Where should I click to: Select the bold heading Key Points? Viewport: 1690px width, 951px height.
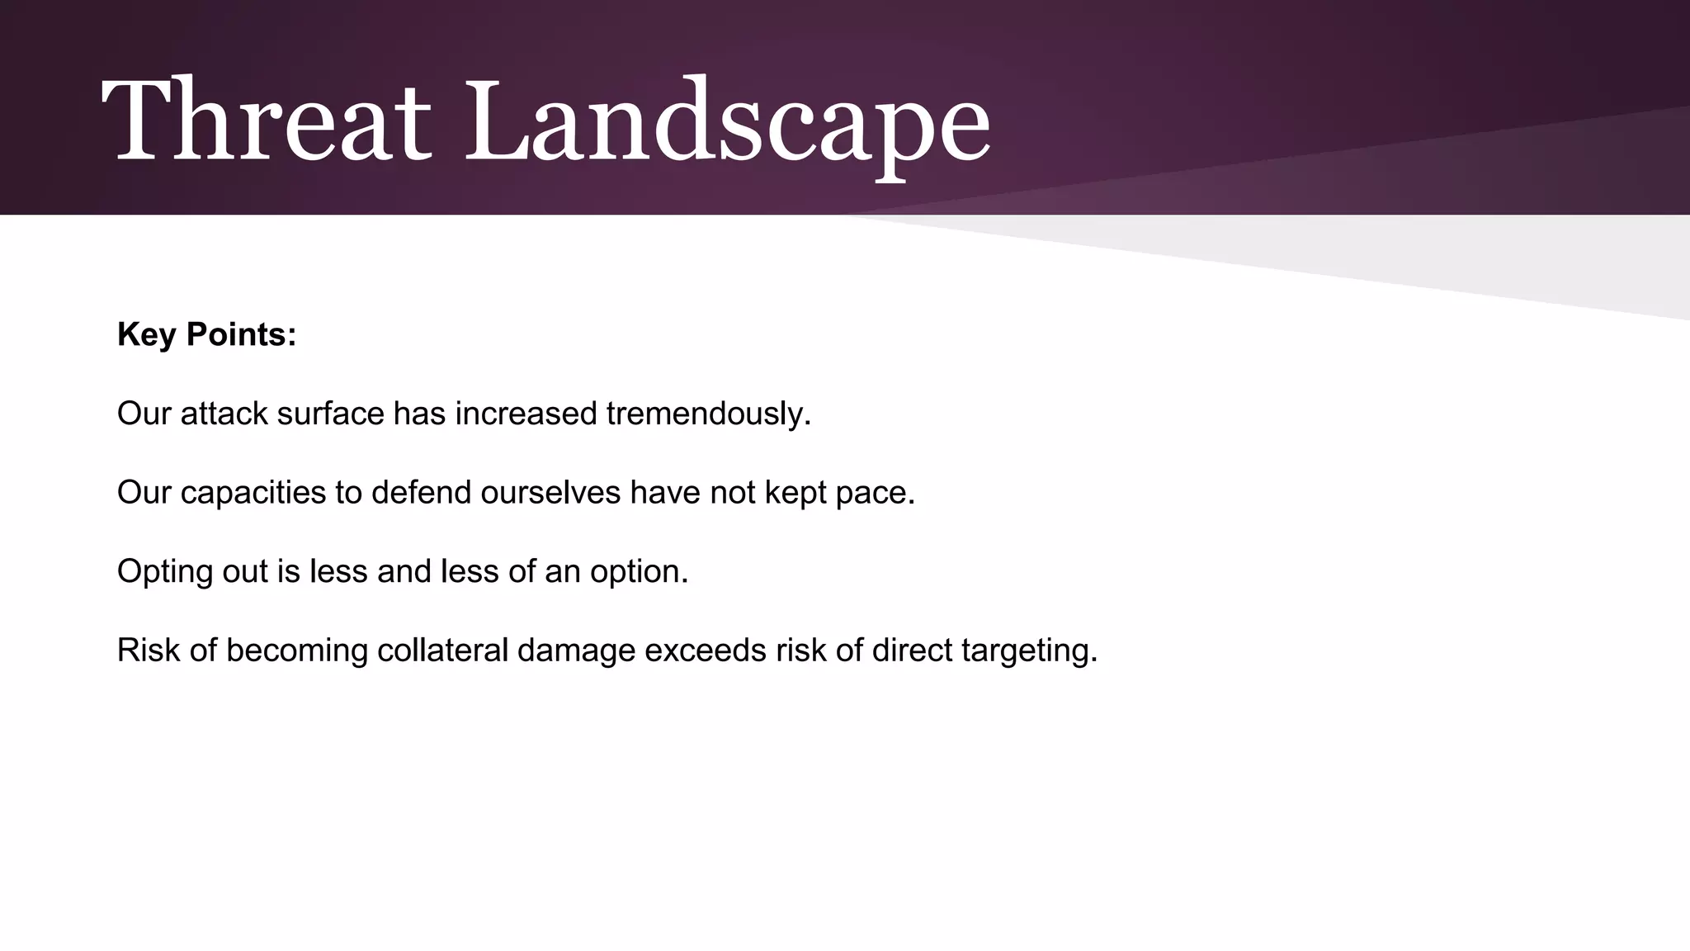206,334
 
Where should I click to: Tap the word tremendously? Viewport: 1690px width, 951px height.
708,413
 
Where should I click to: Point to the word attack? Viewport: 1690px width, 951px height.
224,413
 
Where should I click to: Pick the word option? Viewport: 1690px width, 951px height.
639,571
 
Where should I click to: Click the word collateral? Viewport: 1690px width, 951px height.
442,651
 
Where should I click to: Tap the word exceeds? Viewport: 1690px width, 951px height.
706,651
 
